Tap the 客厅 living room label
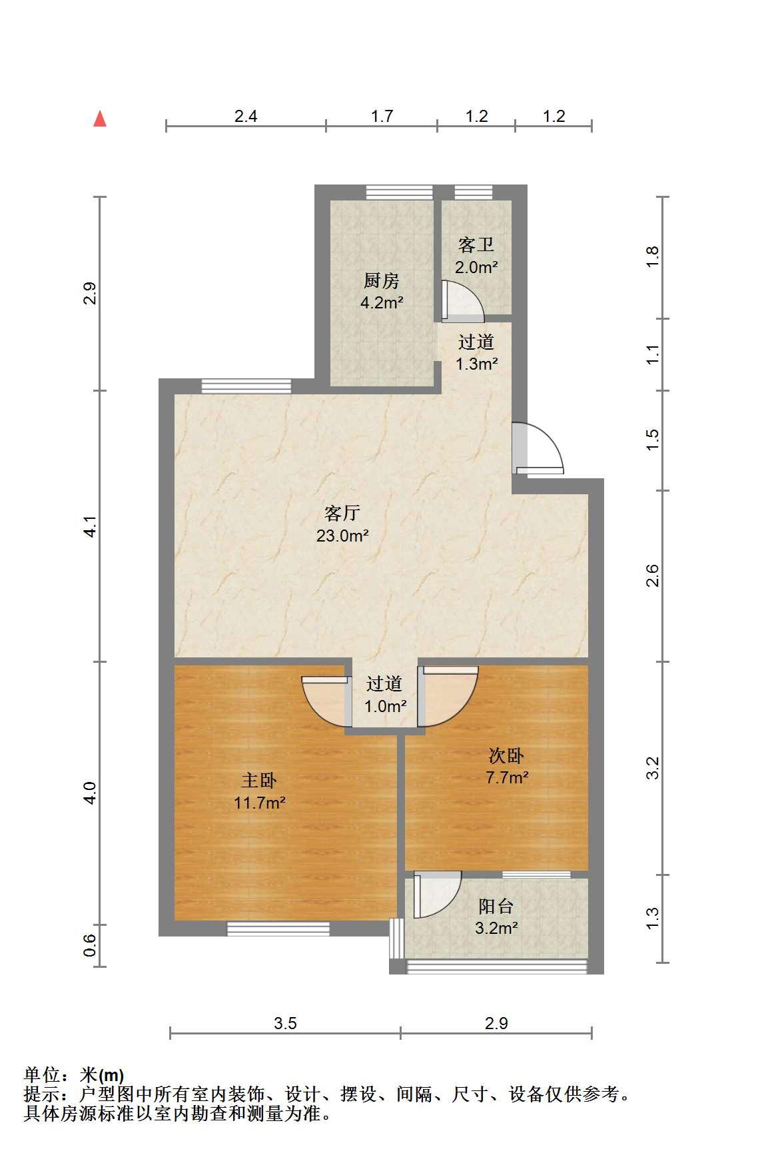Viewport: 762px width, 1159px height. (x=342, y=513)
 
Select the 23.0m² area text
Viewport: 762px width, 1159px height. (x=342, y=536)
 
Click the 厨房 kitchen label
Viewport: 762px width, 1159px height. (x=381, y=280)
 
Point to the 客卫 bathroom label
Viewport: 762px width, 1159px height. (x=476, y=245)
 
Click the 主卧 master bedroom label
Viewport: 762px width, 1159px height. (x=259, y=780)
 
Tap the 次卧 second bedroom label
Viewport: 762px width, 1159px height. (x=507, y=755)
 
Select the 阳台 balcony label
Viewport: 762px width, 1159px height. (x=496, y=906)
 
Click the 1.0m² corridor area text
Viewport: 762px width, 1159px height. (x=386, y=706)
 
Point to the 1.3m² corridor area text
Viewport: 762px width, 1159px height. (x=477, y=364)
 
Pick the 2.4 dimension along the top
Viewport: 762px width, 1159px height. (x=246, y=117)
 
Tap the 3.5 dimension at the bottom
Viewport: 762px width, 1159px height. (x=285, y=1023)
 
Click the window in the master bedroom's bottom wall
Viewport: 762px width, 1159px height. (x=278, y=929)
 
